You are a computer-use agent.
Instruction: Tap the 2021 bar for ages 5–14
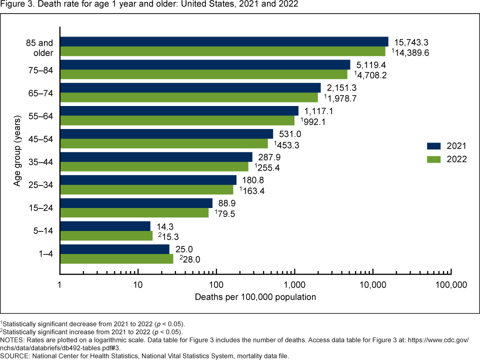point(105,226)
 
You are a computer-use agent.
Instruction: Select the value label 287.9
point(267,156)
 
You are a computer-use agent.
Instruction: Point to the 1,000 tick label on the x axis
point(294,285)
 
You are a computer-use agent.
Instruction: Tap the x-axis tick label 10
point(138,285)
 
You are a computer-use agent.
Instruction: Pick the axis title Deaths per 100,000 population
point(255,297)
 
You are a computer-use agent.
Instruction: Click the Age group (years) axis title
point(18,150)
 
